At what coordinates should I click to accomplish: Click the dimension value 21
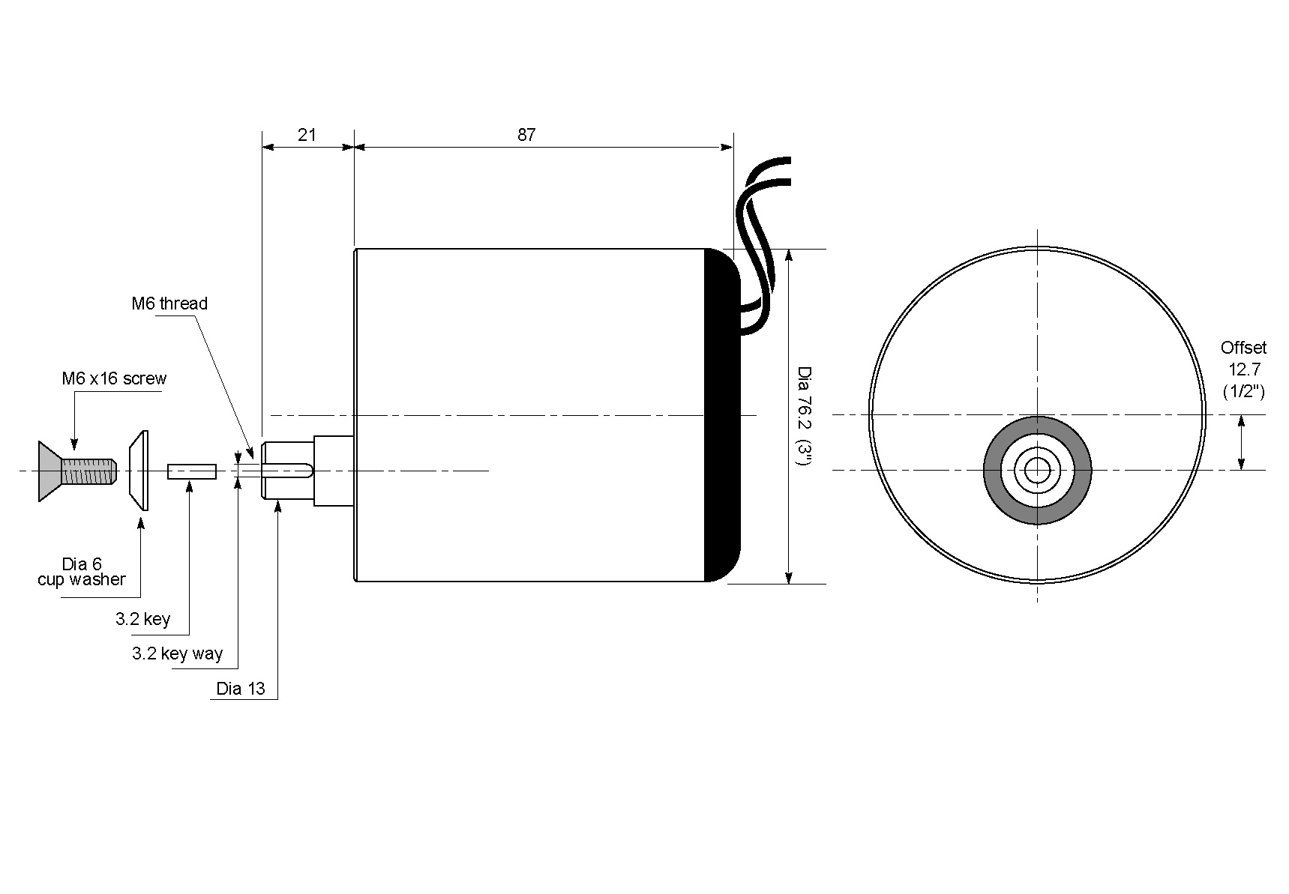pyautogui.click(x=307, y=135)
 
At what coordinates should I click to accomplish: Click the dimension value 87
pyautogui.click(x=526, y=135)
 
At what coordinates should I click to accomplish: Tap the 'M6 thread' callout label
pyautogui.click(x=169, y=303)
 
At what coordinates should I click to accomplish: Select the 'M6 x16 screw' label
pyautogui.click(x=114, y=378)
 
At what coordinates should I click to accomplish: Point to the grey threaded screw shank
pyautogui.click(x=89, y=471)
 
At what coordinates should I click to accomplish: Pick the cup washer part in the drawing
pyautogui.click(x=139, y=471)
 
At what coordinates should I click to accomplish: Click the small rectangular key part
pyautogui.click(x=192, y=471)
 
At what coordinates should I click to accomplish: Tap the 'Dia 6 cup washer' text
pyautogui.click(x=82, y=572)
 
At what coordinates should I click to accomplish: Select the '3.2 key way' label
pyautogui.click(x=177, y=653)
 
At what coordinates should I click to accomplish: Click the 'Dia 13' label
pyautogui.click(x=241, y=689)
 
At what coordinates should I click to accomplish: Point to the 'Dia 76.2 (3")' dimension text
pyautogui.click(x=804, y=416)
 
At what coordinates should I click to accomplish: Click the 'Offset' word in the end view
pyautogui.click(x=1243, y=348)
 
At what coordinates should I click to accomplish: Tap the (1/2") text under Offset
pyautogui.click(x=1243, y=391)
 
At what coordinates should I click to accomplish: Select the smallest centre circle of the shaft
pyautogui.click(x=1038, y=471)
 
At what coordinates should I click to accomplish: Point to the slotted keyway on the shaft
pyautogui.click(x=289, y=471)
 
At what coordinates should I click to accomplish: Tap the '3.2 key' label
pyautogui.click(x=142, y=619)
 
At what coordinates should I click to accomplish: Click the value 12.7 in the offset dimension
pyautogui.click(x=1243, y=369)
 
